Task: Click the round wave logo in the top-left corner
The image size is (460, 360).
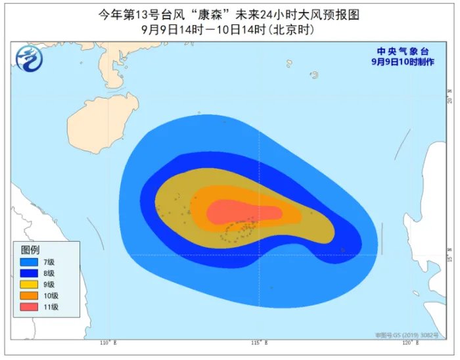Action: coord(28,58)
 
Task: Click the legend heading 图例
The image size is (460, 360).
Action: coord(30,250)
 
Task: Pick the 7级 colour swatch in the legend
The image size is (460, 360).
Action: coord(30,262)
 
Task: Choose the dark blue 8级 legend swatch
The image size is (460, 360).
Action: coord(30,273)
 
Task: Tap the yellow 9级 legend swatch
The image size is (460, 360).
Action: coord(30,284)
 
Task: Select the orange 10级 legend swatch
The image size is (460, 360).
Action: coord(30,296)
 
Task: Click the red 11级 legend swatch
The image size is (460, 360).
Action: coord(30,307)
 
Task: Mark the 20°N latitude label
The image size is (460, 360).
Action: coord(450,96)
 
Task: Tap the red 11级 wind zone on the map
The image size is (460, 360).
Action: coord(243,212)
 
